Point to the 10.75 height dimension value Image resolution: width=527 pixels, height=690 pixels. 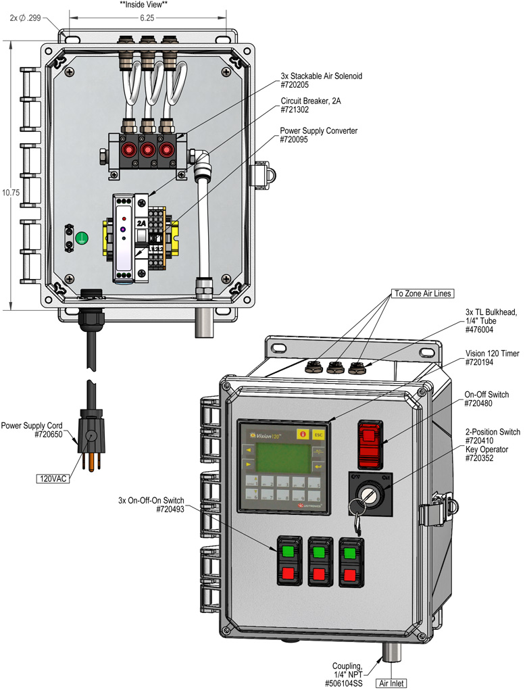click(x=8, y=193)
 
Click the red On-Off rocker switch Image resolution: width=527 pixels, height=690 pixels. click(x=370, y=444)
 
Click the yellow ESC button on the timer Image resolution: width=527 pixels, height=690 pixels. click(x=318, y=435)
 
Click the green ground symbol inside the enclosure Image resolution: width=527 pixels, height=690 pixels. click(x=81, y=237)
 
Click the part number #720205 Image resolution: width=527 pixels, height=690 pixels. click(x=298, y=85)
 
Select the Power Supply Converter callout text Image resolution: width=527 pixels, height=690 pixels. click(x=319, y=130)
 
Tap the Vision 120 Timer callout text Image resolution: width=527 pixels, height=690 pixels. click(x=491, y=353)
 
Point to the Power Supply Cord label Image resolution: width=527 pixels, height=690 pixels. click(x=32, y=426)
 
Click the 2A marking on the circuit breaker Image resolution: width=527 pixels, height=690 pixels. click(x=141, y=223)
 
